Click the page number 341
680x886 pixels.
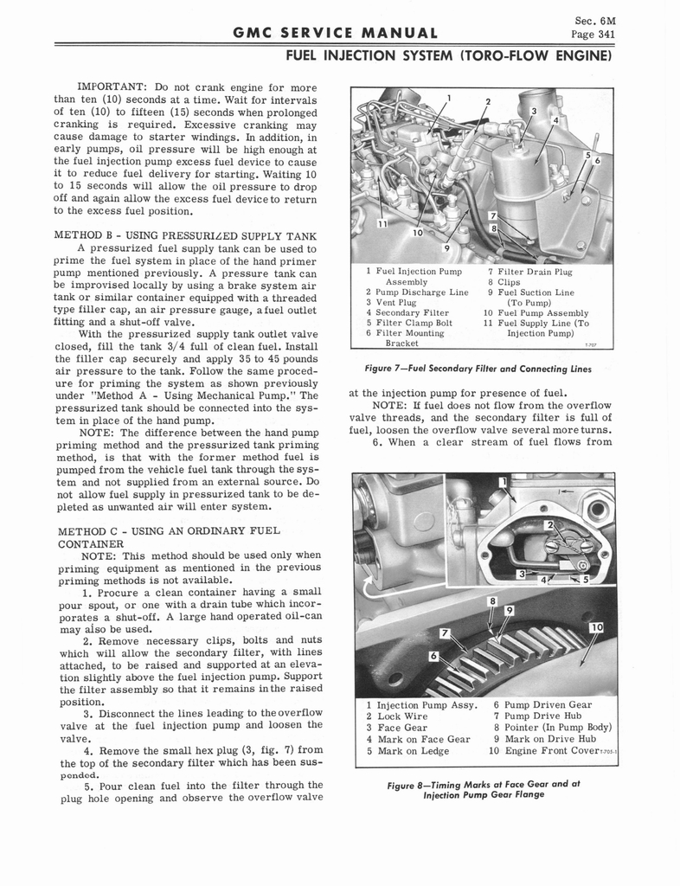[602, 35]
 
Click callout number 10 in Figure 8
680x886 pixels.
[597, 627]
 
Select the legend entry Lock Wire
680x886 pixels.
[404, 716]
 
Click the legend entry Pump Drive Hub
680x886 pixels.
[548, 716]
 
